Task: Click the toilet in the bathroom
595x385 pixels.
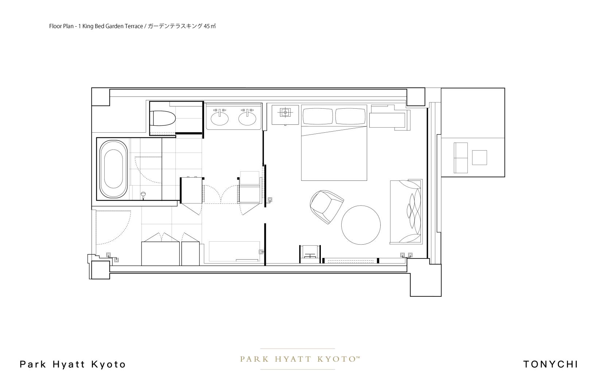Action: (163, 118)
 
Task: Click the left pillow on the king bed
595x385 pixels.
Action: (318, 116)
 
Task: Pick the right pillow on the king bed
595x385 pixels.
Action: (351, 116)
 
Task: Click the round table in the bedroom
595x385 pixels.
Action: (361, 225)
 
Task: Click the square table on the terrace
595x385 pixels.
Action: (479, 157)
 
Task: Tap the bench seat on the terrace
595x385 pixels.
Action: (460, 158)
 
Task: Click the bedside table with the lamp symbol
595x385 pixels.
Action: (285, 115)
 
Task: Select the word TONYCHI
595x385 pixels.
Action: (551, 364)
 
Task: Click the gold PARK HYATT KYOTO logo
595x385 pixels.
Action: (300, 359)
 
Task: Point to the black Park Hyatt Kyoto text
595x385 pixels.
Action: (73, 364)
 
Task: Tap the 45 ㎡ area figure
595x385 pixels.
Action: (210, 26)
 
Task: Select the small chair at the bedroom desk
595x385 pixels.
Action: (310, 253)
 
